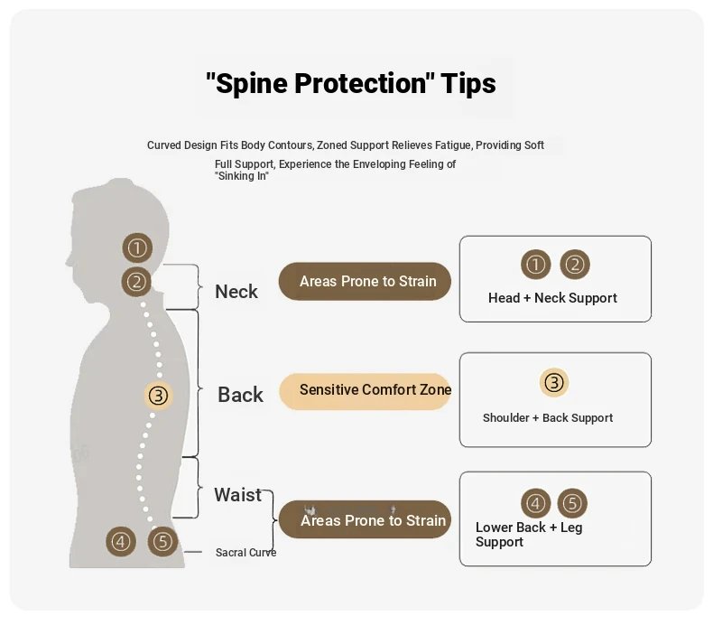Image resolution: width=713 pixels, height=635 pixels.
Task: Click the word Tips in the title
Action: [x=468, y=84]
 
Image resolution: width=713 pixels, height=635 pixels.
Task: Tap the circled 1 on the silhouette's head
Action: [x=137, y=247]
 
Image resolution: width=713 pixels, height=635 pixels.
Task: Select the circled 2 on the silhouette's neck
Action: [x=137, y=282]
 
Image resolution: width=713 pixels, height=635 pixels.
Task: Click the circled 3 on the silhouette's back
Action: [x=159, y=395]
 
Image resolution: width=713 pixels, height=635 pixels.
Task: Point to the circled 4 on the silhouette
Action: [x=121, y=542]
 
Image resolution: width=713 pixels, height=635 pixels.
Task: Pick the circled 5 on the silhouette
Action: [x=162, y=542]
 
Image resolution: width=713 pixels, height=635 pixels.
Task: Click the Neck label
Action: [x=236, y=292]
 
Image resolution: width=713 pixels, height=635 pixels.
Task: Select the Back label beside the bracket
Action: [x=240, y=395]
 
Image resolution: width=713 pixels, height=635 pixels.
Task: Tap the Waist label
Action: [x=237, y=495]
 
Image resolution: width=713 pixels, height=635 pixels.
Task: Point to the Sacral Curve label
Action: [x=245, y=553]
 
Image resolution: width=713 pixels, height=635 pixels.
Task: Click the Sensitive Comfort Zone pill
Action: [x=365, y=390]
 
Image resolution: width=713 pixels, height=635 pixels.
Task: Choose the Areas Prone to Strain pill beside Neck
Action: [x=365, y=281]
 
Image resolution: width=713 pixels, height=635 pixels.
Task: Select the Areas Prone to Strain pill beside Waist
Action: [x=365, y=519]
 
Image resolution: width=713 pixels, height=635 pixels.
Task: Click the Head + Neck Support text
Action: [x=552, y=298]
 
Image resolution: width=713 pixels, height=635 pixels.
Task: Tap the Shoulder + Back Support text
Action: [x=548, y=418]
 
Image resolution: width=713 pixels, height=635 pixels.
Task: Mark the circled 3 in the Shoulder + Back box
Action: [x=554, y=383]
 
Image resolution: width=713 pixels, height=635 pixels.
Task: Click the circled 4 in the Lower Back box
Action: [x=536, y=503]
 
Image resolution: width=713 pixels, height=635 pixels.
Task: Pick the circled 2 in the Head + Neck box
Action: [x=575, y=265]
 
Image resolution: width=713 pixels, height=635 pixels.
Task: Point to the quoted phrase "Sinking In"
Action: [x=242, y=176]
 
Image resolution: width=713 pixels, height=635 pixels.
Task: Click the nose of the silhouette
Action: [x=68, y=257]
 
